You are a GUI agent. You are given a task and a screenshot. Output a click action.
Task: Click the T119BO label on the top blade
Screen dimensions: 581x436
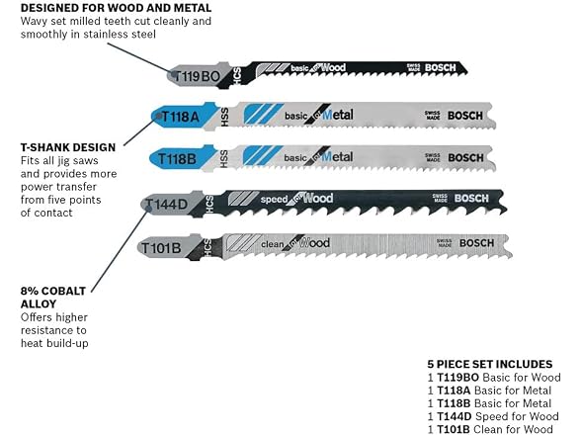pyautogui.click(x=197, y=77)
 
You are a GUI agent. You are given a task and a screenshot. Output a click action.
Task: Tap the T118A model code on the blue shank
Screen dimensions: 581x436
pyautogui.click(x=181, y=117)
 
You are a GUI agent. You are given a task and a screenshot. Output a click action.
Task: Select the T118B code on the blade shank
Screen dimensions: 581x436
pyautogui.click(x=177, y=159)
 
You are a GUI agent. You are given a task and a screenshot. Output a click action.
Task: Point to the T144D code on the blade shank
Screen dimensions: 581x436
pyautogui.click(x=166, y=204)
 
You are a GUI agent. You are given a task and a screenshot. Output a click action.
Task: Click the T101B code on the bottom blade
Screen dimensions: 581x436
pyautogui.click(x=161, y=248)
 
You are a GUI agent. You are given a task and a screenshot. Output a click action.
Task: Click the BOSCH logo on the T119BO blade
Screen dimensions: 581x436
pyautogui.click(x=441, y=68)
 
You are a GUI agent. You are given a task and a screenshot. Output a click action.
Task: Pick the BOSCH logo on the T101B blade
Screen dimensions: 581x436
pyautogui.click(x=476, y=243)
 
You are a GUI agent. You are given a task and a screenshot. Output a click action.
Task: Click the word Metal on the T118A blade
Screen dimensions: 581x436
pyautogui.click(x=338, y=115)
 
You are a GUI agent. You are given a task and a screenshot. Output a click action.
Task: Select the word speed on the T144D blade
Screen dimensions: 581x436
pyautogui.click(x=275, y=200)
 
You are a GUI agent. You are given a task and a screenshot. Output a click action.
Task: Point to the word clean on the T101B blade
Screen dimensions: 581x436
pyautogui.click(x=273, y=245)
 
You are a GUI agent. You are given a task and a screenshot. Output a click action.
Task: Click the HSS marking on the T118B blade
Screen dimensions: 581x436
pyautogui.click(x=223, y=159)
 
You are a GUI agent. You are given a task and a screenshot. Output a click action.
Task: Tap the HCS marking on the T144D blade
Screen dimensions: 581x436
pyautogui.click(x=209, y=205)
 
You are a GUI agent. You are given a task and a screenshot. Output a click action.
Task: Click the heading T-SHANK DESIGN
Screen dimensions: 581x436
pyautogui.click(x=68, y=147)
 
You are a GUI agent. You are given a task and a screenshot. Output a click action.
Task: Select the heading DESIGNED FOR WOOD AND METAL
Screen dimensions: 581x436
pyautogui.click(x=116, y=8)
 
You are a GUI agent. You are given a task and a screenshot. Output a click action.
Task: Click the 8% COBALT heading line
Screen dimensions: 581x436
pyautogui.click(x=53, y=291)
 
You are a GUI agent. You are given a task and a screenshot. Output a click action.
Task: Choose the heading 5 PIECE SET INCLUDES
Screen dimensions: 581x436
pyautogui.click(x=490, y=364)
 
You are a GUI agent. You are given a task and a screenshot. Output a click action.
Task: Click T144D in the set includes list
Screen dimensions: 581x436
pyautogui.click(x=455, y=416)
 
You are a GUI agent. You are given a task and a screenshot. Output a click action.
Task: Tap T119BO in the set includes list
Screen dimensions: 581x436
pyautogui.click(x=458, y=378)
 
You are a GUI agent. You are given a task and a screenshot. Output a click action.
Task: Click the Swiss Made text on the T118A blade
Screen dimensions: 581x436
pyautogui.click(x=433, y=116)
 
